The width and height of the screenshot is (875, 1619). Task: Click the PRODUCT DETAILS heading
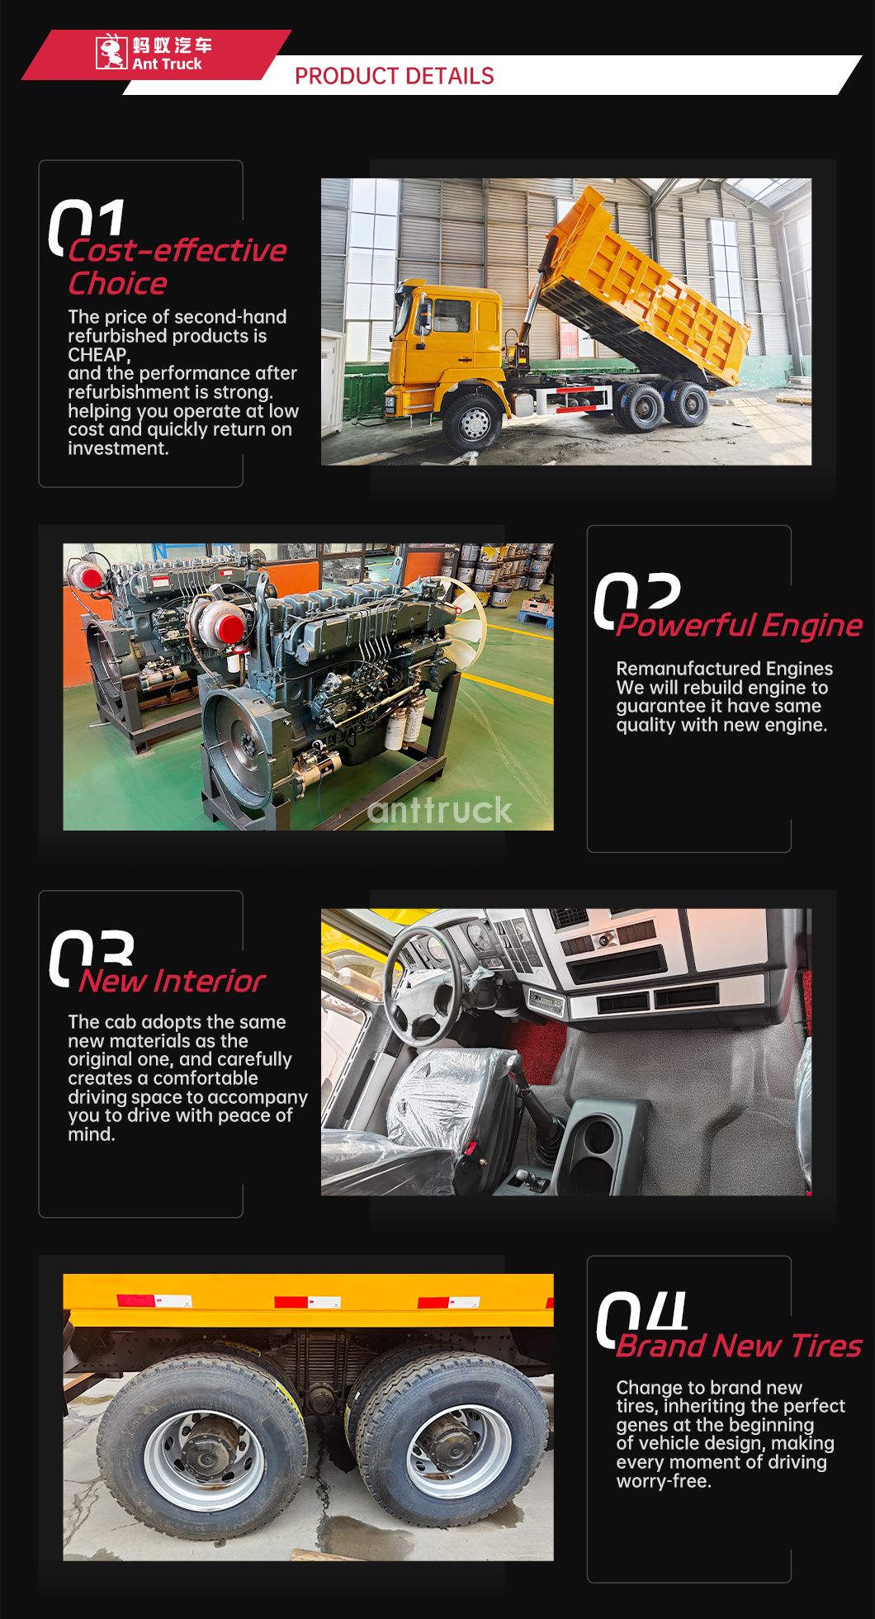click(x=395, y=76)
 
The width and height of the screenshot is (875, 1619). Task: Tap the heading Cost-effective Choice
click(x=177, y=267)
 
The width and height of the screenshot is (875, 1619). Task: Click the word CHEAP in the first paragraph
click(x=97, y=355)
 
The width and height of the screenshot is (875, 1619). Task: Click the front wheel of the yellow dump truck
click(x=474, y=423)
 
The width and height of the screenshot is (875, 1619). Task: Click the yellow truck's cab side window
click(x=451, y=315)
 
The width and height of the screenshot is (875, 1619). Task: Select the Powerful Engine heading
click(x=740, y=626)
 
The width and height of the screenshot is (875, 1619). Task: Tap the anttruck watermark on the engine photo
click(x=440, y=810)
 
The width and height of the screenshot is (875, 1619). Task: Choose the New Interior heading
click(x=172, y=981)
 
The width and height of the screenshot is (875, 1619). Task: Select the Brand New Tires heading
click(x=739, y=1346)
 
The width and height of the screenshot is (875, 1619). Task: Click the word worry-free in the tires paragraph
click(x=664, y=1481)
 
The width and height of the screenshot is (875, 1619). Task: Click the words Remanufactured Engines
click(x=725, y=669)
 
